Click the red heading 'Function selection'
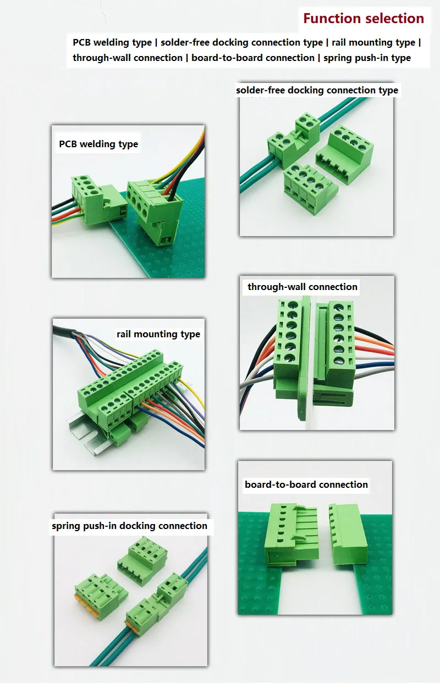(364, 19)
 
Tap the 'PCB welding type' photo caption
(98, 144)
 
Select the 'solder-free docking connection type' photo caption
(317, 90)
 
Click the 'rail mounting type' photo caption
(158, 334)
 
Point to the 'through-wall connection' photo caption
(302, 287)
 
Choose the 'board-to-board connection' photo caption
(306, 484)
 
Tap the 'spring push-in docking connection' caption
(129, 526)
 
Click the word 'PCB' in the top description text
(83, 42)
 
